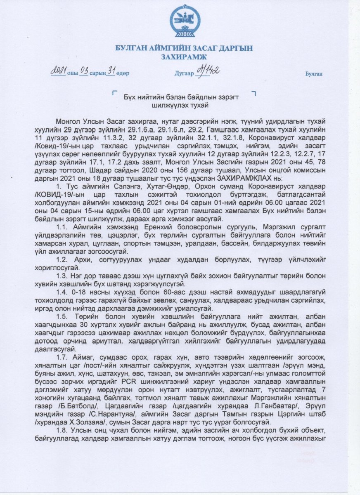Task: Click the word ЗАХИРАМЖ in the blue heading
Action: [x=182, y=57]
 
